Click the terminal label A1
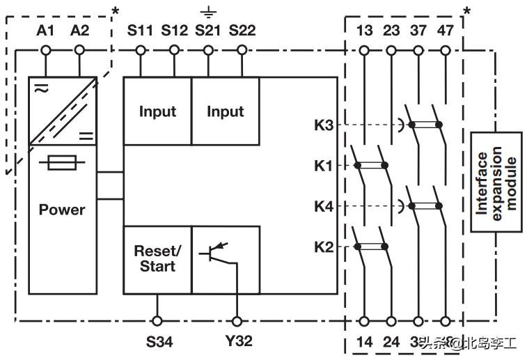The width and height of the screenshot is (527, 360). pos(45,30)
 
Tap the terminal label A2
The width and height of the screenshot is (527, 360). pos(79,30)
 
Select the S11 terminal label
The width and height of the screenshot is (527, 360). pos(141,30)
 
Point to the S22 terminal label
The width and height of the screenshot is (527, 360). pos(242,30)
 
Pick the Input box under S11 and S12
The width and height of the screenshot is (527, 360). pos(157,111)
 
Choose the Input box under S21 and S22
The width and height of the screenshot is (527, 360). pos(225,111)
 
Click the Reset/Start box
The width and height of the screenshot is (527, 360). pos(157,259)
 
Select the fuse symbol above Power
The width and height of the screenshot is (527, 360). pos(62,164)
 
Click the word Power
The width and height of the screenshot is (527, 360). pos(62,210)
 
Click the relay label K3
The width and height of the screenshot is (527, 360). pos(324,125)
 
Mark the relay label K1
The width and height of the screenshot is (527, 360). pos(324,166)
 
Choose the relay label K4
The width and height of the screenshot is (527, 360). pos(324,206)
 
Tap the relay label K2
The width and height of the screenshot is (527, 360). pos(324,246)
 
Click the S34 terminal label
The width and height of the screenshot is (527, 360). pos(159,341)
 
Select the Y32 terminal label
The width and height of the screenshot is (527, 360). pos(238,341)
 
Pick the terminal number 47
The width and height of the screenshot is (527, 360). pos(446,30)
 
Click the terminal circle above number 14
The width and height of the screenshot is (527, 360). pos(364,321)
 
